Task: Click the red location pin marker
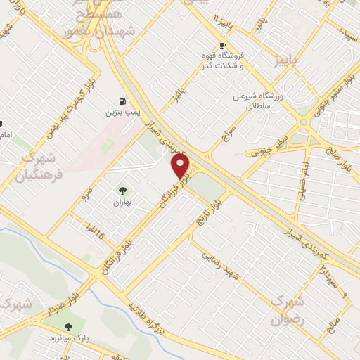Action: click(x=181, y=166)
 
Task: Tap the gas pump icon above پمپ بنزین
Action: click(x=123, y=101)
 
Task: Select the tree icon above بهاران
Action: click(x=123, y=191)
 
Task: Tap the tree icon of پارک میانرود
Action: click(x=68, y=327)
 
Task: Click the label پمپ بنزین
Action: click(x=119, y=112)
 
